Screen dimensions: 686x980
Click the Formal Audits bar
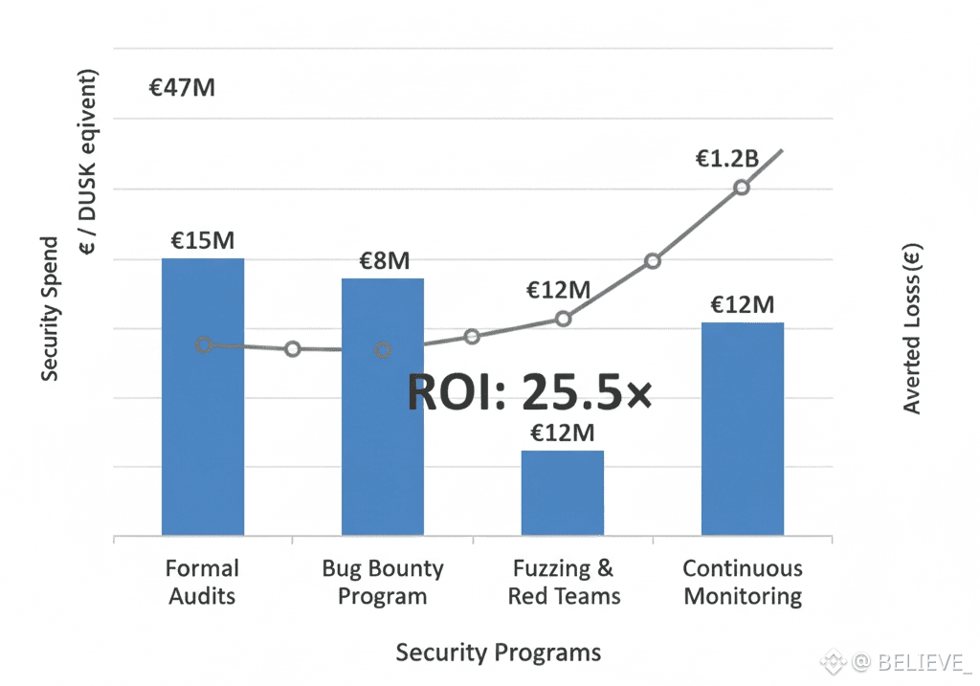point(203,431)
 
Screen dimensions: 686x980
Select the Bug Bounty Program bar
point(383,440)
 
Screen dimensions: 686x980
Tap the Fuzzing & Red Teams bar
point(563,493)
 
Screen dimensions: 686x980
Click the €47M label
point(182,88)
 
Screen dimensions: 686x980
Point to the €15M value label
point(202,240)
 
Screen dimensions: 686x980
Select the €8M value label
point(384,260)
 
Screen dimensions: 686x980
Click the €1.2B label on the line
point(726,159)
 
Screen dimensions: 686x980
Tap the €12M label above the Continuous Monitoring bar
point(742,305)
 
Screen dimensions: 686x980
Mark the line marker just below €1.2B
point(742,188)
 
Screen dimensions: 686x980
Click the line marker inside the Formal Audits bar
point(204,344)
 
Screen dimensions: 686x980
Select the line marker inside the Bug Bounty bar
point(383,350)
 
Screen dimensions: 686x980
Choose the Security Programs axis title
point(499,653)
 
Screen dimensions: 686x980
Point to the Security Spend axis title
point(50,309)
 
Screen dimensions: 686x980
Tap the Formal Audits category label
point(202,582)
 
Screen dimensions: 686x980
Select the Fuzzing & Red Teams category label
point(564,582)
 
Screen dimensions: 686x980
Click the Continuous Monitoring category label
point(743,582)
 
